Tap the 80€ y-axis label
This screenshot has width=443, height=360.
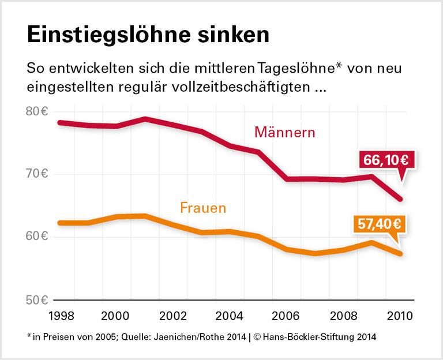click(x=36, y=111)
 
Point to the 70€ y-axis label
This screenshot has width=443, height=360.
click(x=36, y=174)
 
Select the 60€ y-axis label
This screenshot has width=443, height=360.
click(x=36, y=237)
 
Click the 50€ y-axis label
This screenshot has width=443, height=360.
click(x=36, y=300)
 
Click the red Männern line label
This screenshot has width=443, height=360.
click(x=285, y=132)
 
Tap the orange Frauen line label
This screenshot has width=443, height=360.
click(x=203, y=208)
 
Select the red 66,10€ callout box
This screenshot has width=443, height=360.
click(x=385, y=160)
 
